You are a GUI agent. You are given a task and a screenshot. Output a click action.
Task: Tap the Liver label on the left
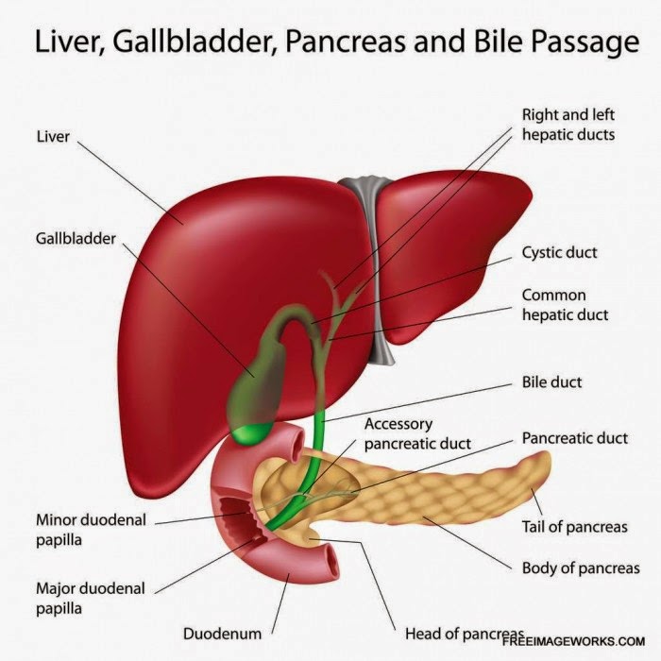(52, 138)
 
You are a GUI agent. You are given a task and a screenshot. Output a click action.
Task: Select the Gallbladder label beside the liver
(76, 239)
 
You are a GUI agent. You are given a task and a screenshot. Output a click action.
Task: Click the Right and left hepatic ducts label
(568, 125)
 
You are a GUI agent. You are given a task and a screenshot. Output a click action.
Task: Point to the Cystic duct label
(559, 253)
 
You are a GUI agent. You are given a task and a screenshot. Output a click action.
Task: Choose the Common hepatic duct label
(565, 305)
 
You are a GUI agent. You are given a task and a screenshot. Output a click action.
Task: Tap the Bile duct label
(551, 382)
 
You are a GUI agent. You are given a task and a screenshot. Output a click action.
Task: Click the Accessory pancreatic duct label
(416, 433)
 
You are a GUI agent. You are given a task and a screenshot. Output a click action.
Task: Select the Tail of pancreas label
(574, 526)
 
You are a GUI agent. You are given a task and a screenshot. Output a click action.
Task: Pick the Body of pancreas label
(580, 568)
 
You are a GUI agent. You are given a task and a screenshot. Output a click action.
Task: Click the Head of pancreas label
(463, 633)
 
